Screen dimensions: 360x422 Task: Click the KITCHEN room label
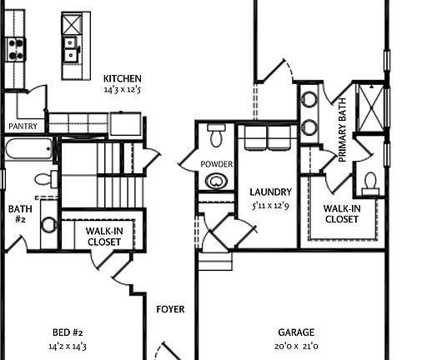click(x=122, y=78)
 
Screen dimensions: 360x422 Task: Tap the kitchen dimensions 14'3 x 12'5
click(x=122, y=88)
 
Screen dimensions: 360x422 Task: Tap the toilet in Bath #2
click(x=43, y=179)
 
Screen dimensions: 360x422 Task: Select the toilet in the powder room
click(x=218, y=135)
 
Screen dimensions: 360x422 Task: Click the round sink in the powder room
click(x=219, y=182)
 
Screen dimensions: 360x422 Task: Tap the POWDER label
click(x=217, y=164)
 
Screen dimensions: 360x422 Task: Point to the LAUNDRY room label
click(x=270, y=191)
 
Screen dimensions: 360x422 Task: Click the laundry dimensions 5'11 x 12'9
click(x=270, y=204)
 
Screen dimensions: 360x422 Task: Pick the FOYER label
click(x=170, y=310)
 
